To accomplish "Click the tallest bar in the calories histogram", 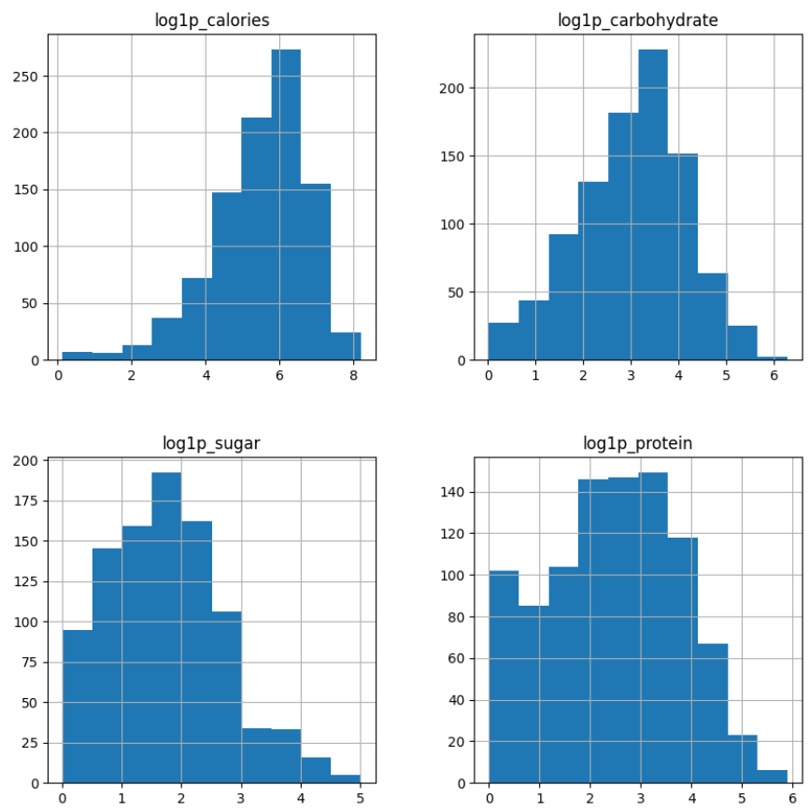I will coord(286,205).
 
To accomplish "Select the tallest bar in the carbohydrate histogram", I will coord(652,205).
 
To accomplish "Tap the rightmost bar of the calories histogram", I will coord(346,346).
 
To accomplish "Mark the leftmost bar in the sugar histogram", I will coord(78,706).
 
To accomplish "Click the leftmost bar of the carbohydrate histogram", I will coord(504,342).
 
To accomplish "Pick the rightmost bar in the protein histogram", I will coord(773,777).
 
